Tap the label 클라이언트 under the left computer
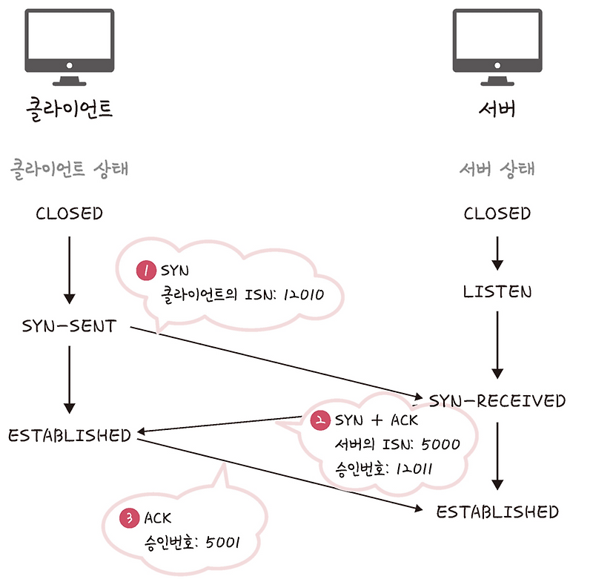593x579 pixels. pyautogui.click(x=69, y=109)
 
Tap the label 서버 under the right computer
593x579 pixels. pyautogui.click(x=497, y=109)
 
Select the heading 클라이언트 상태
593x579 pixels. pyautogui.click(x=69, y=169)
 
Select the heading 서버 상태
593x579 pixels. pyautogui.click(x=497, y=169)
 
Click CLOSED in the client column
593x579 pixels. pyautogui.click(x=69, y=214)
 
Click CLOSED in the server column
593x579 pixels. pyautogui.click(x=497, y=214)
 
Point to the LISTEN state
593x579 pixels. pyautogui.click(x=497, y=291)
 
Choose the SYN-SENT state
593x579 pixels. pyautogui.click(x=69, y=326)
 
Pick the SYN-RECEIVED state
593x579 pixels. pyautogui.click(x=497, y=401)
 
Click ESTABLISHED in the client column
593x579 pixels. pyautogui.click(x=69, y=435)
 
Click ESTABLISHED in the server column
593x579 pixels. pyautogui.click(x=497, y=512)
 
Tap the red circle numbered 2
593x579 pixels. pyautogui.click(x=320, y=420)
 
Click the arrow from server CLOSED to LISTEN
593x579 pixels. pyautogui.click(x=497, y=254)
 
